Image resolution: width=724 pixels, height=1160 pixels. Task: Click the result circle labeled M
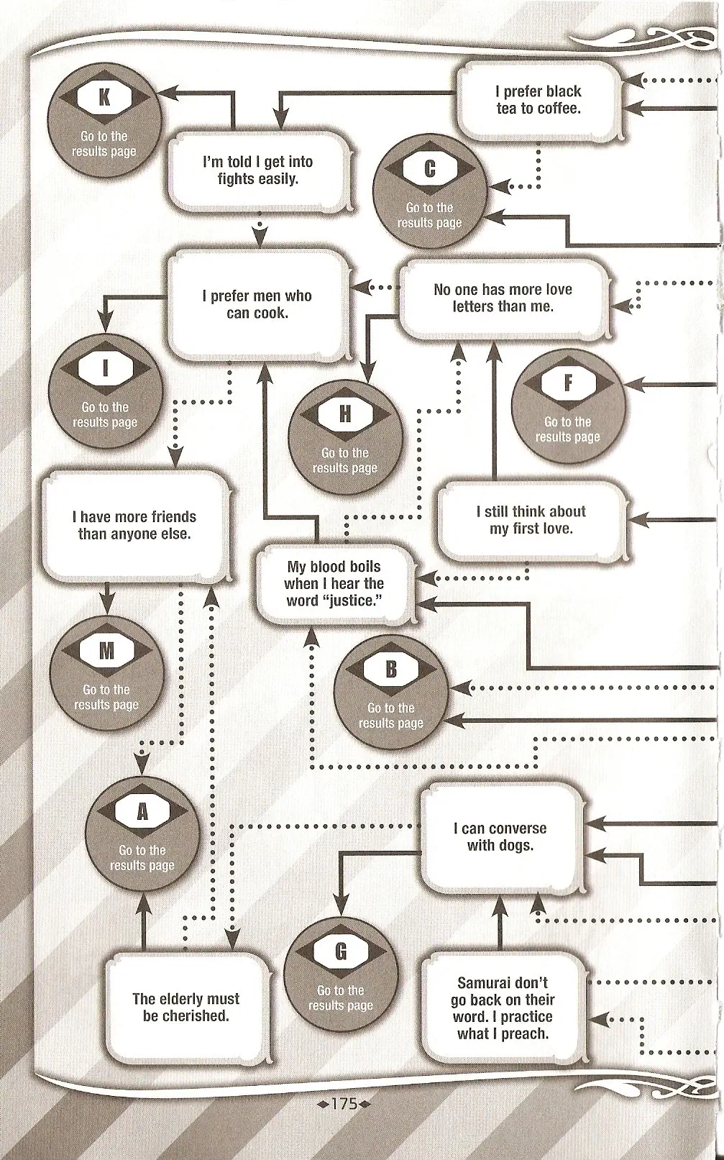pyautogui.click(x=106, y=673)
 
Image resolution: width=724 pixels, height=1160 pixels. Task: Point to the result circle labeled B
pyautogui.click(x=391, y=692)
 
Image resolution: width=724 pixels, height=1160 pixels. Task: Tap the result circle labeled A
pyautogui.click(x=142, y=834)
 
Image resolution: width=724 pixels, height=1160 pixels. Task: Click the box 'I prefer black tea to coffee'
pyautogui.click(x=539, y=100)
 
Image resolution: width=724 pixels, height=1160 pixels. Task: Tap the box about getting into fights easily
pyautogui.click(x=258, y=170)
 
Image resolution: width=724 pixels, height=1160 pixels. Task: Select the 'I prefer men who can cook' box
pyautogui.click(x=257, y=304)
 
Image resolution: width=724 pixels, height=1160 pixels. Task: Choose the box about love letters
pyautogui.click(x=503, y=298)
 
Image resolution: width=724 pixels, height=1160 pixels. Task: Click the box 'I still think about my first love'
pyautogui.click(x=531, y=520)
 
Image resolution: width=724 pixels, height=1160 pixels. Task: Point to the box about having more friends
pyautogui.click(x=134, y=525)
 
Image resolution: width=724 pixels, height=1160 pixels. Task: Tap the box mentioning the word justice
pyautogui.click(x=334, y=583)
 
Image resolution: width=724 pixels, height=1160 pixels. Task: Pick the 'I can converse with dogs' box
pyautogui.click(x=500, y=837)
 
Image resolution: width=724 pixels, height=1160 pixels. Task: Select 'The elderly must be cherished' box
pyautogui.click(x=186, y=1007)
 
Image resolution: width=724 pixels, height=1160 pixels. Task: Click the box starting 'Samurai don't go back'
pyautogui.click(x=503, y=1008)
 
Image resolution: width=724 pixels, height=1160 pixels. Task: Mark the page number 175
pyautogui.click(x=344, y=1102)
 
